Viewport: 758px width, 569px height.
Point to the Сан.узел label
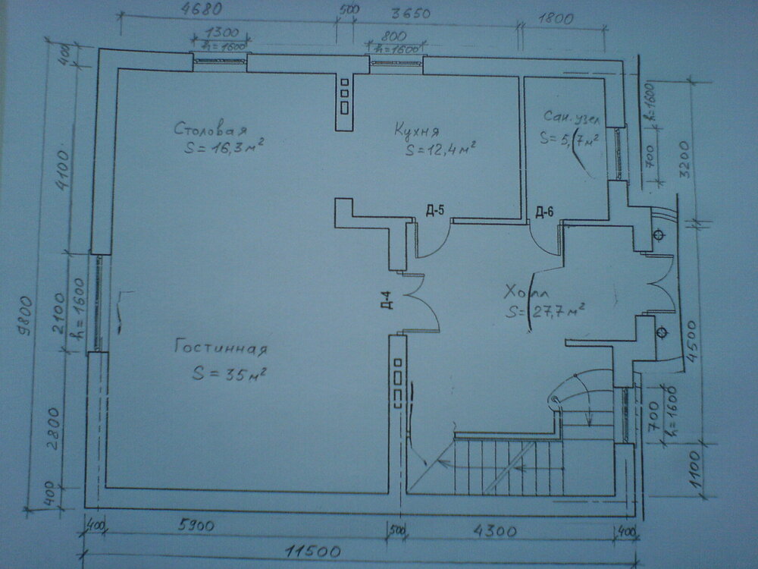click(572, 118)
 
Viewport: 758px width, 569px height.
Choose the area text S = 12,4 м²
click(440, 149)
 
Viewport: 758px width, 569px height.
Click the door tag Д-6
click(544, 211)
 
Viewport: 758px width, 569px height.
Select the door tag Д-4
click(386, 300)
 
